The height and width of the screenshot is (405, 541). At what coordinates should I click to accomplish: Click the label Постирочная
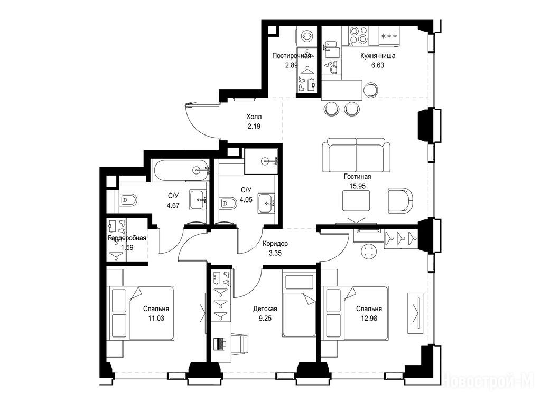pos(292,56)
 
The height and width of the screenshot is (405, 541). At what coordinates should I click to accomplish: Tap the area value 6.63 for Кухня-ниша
pos(377,65)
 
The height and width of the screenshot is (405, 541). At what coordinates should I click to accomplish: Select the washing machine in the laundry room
pos(306,36)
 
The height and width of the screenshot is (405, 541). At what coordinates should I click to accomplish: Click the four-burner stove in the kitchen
pos(359,36)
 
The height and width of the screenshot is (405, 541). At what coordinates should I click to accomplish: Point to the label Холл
pos(254,117)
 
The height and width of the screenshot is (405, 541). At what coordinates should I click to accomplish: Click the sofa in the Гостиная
pos(356,155)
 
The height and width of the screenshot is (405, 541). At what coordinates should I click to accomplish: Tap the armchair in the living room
pos(401,200)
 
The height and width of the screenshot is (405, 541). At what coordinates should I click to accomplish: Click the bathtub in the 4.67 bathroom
pos(181,170)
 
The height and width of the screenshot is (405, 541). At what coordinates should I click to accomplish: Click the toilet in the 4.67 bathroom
pos(128,199)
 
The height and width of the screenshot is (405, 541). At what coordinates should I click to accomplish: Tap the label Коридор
pos(275,244)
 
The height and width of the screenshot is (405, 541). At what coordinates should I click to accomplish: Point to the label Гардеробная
pos(127,238)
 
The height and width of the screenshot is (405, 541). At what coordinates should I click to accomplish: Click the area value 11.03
pos(156,318)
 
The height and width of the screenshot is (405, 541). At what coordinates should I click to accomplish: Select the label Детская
pos(265,309)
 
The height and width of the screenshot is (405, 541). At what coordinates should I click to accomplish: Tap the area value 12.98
pos(369,318)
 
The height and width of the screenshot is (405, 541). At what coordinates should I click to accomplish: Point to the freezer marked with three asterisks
pos(389,36)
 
